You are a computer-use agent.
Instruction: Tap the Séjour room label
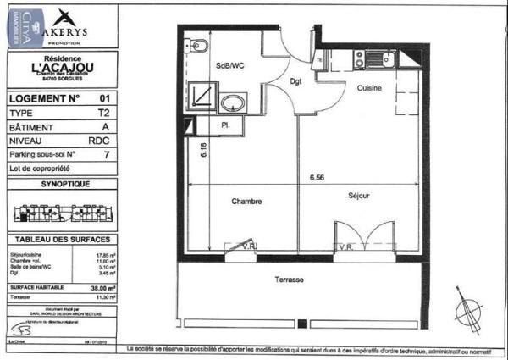tap(358, 196)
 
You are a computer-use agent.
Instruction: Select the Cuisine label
tap(368, 88)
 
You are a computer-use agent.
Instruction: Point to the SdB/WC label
tap(229, 64)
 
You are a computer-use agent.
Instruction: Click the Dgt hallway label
tap(296, 82)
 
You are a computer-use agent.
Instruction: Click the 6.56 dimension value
tap(317, 178)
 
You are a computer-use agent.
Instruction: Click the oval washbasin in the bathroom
tap(229, 103)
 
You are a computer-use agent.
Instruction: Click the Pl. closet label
tap(227, 125)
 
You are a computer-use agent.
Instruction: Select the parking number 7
tap(105, 154)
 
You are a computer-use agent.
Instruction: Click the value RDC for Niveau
tap(104, 141)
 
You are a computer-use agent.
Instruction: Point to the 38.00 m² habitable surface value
tap(106, 286)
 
